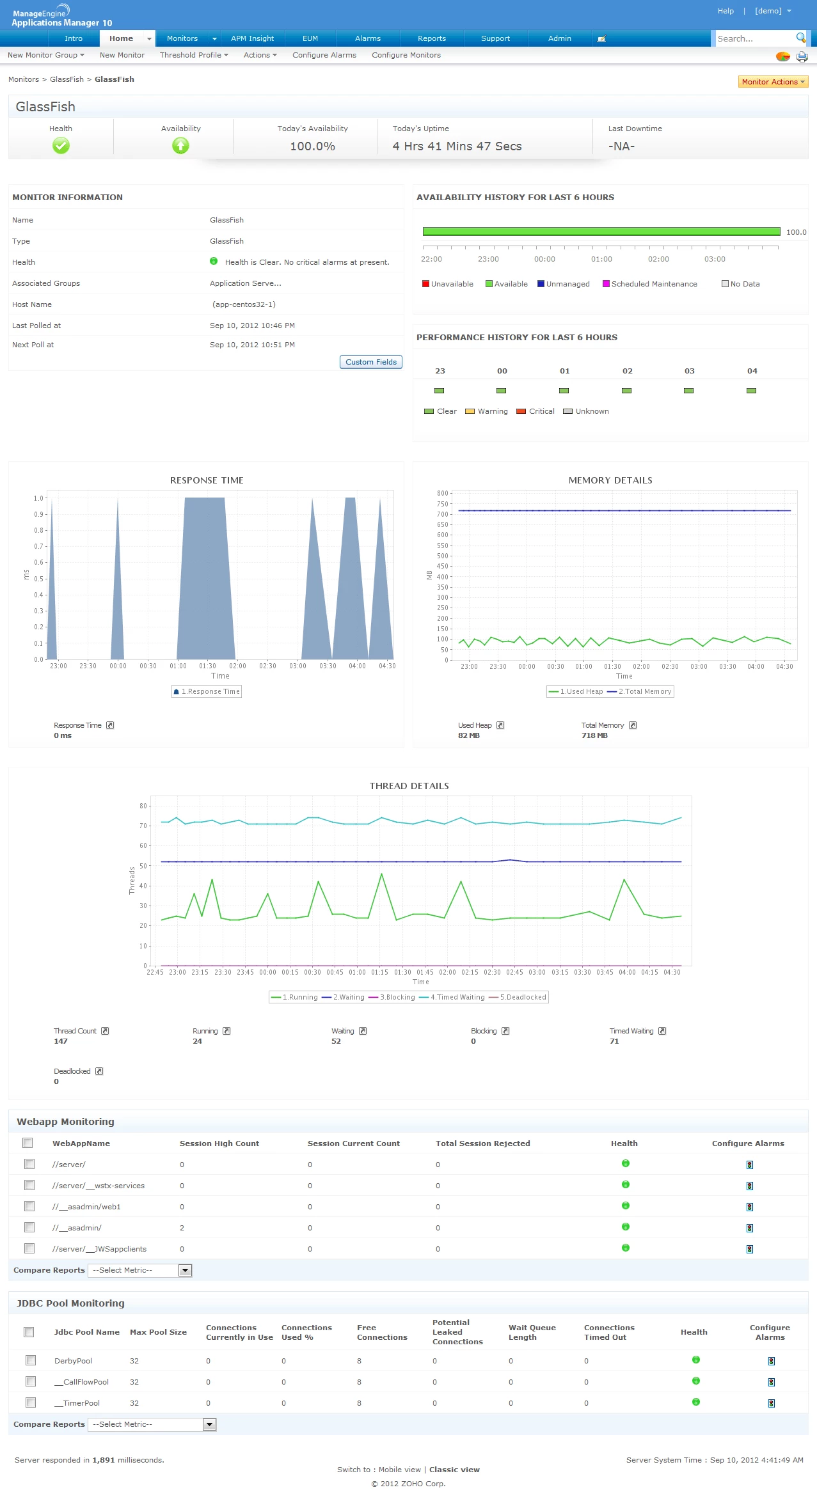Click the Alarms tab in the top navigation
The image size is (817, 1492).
(x=368, y=38)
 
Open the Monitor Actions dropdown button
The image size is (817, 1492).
(x=773, y=82)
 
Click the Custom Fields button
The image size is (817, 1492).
(x=371, y=362)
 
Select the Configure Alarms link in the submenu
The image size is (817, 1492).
(x=324, y=55)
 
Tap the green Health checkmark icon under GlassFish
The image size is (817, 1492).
(x=61, y=146)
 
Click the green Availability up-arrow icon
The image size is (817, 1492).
(x=180, y=146)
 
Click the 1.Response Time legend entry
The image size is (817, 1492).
(x=207, y=691)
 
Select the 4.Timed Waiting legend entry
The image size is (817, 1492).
(x=457, y=997)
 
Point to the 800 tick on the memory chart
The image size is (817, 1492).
(x=443, y=493)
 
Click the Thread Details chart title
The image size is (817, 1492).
(x=409, y=786)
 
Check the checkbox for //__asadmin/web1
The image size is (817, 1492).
(x=29, y=1206)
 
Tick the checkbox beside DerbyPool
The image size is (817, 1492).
(x=31, y=1360)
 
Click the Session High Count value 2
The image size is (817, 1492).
(x=182, y=1228)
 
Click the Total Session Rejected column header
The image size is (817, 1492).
(x=483, y=1143)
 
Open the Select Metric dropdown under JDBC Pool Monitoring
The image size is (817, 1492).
(x=152, y=1424)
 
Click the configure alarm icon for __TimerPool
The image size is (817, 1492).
(x=772, y=1403)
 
